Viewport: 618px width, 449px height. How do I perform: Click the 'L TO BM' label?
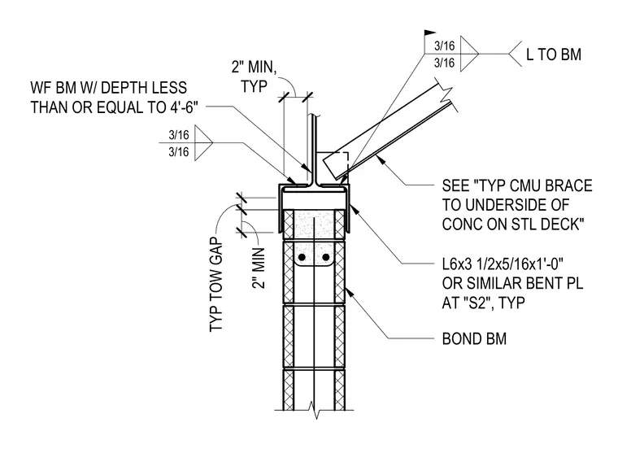coord(554,54)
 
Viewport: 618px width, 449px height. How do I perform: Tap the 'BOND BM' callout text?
coord(474,339)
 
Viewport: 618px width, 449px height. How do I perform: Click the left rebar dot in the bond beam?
coord(302,257)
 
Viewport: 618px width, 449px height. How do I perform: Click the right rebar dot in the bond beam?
coord(325,257)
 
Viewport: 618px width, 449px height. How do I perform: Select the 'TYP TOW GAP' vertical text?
coord(216,285)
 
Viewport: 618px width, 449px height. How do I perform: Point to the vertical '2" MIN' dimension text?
coord(259,268)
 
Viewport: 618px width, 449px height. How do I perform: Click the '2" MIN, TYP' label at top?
coord(255,76)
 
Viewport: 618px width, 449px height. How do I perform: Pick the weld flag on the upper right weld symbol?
coord(430,33)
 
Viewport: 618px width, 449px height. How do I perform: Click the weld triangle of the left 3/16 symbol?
coord(204,142)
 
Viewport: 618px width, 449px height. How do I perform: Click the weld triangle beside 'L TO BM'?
coord(469,54)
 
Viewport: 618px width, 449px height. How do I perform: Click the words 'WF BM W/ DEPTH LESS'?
coord(108,88)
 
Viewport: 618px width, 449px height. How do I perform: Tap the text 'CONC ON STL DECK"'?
coord(513,224)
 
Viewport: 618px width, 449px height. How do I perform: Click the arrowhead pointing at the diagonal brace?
coord(379,159)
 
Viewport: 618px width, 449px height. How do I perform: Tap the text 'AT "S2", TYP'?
coord(483,303)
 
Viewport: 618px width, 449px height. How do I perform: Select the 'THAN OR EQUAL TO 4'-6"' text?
coord(114,107)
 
